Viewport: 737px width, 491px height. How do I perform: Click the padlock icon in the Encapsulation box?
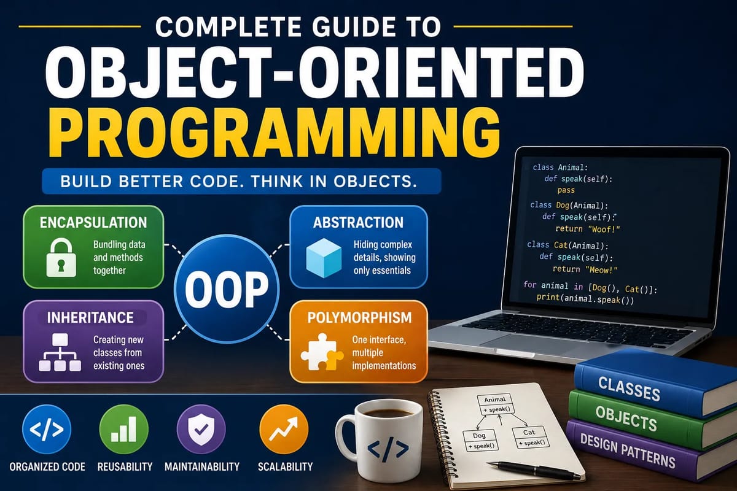(61, 258)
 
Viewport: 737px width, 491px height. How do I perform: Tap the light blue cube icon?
(324, 258)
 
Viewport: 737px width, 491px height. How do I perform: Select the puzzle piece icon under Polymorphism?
(322, 352)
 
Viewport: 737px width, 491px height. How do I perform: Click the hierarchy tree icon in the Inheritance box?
(60, 352)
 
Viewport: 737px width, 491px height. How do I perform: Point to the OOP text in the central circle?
(227, 290)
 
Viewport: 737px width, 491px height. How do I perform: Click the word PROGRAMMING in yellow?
(275, 133)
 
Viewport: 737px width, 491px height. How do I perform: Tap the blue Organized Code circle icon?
(47, 429)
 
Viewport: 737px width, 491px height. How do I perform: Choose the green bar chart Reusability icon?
(123, 429)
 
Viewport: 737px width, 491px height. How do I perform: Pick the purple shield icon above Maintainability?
(201, 429)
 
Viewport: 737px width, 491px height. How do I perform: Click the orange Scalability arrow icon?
(284, 429)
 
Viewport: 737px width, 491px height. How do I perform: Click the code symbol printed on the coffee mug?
(388, 449)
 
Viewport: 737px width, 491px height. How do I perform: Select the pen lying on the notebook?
(533, 470)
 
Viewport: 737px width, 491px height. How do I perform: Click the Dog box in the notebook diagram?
(481, 440)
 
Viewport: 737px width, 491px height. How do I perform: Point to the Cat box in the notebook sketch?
(530, 437)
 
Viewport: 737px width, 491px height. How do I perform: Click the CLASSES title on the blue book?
(629, 389)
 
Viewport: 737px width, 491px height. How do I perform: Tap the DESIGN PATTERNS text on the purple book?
(628, 451)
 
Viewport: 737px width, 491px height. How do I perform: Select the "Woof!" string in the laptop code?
(603, 229)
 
